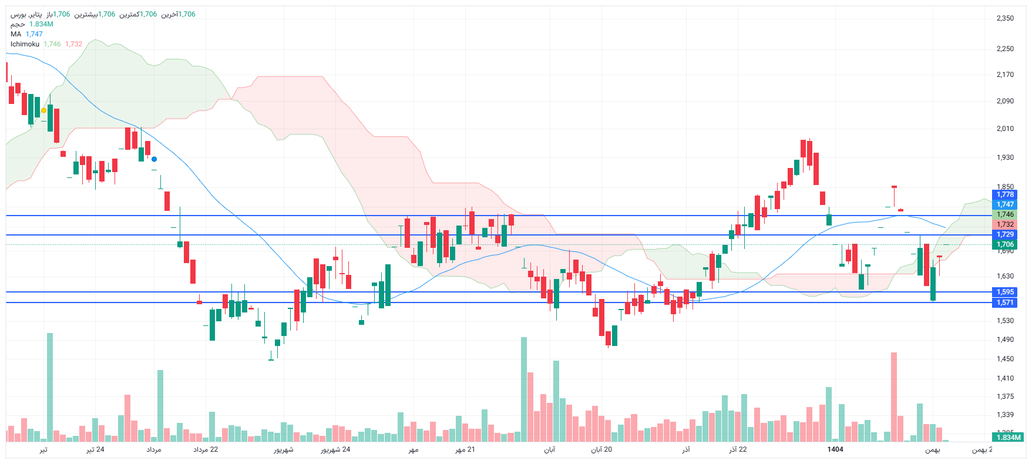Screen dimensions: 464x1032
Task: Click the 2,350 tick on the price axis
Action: pos(1005,18)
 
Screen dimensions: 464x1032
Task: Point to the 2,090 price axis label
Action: pos(1005,101)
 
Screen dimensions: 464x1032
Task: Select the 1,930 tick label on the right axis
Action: pos(1005,157)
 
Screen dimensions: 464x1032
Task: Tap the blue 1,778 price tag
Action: pos(1005,194)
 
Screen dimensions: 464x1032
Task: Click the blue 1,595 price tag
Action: pos(1005,292)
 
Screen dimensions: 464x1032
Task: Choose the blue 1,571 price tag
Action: pos(1005,302)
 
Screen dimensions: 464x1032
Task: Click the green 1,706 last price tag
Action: pos(1005,244)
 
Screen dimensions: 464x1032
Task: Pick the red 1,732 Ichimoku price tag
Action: pos(1005,224)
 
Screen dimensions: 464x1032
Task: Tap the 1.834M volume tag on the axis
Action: pos(1009,437)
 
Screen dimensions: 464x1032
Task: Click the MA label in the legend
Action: pos(16,34)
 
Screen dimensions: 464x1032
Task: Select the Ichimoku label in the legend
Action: pos(25,44)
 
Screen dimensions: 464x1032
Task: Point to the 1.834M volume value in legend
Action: pos(41,24)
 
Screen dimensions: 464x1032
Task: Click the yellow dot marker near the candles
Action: pos(43,110)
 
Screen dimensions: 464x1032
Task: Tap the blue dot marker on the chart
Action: pos(154,159)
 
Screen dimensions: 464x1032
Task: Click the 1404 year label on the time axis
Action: pos(835,449)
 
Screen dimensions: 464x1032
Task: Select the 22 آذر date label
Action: pos(738,449)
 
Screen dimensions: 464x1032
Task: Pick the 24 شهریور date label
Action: pos(335,449)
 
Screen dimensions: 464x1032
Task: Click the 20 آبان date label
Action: pos(601,449)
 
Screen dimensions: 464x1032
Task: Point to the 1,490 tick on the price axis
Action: pos(1005,339)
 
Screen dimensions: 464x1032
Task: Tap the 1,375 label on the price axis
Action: pos(1005,396)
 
